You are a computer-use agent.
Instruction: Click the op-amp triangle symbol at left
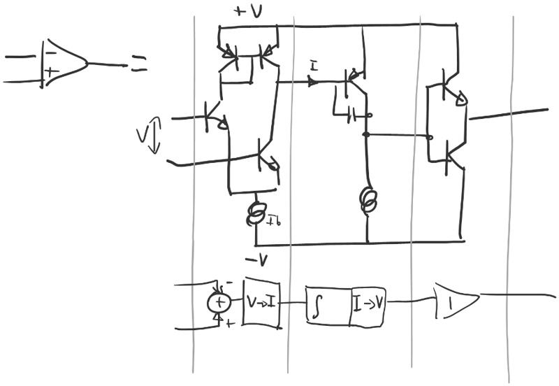[x=64, y=64]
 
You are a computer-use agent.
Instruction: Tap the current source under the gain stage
[x=366, y=200]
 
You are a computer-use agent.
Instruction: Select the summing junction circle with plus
[x=219, y=302]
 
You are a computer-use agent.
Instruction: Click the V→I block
[x=261, y=303]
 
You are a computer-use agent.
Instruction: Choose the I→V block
[x=368, y=304]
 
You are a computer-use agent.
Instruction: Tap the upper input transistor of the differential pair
[x=212, y=115]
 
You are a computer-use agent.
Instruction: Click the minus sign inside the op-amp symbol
[x=50, y=53]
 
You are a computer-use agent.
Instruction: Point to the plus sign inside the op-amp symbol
[x=50, y=71]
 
